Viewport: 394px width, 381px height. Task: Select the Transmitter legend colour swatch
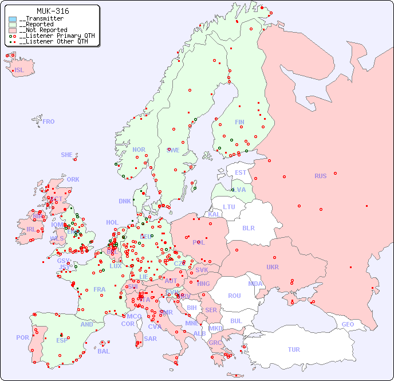(x=13, y=19)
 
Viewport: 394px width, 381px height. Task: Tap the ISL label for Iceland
(x=19, y=70)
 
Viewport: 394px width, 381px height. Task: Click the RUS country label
(x=320, y=176)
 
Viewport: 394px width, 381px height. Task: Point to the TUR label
(x=294, y=349)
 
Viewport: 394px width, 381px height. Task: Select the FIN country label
(x=239, y=122)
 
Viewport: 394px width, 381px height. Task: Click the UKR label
(x=273, y=267)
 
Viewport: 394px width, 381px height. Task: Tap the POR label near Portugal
(x=22, y=337)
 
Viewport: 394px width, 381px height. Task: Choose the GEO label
(x=348, y=324)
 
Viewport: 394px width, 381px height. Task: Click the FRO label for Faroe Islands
(x=49, y=121)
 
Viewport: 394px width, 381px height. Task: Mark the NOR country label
(x=139, y=150)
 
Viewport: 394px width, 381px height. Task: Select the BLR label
(x=248, y=227)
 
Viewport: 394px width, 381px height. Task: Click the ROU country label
(x=234, y=296)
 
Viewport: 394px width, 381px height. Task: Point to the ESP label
(x=62, y=340)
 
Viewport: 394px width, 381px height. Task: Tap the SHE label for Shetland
(x=67, y=155)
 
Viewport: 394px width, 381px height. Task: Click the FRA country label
(x=100, y=289)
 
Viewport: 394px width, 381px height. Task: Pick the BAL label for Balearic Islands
(x=104, y=351)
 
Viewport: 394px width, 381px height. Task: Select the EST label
(x=241, y=172)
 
